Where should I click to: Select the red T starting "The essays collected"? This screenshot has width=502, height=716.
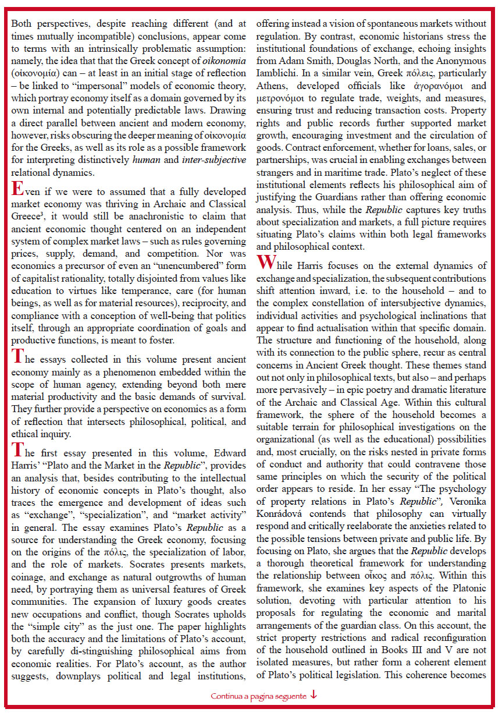[17, 356]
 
